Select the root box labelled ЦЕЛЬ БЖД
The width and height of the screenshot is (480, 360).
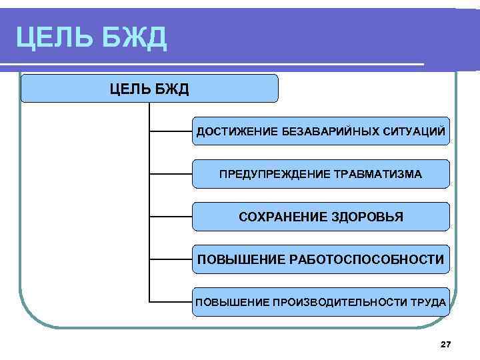point(149,89)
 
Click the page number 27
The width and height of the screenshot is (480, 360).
point(446,344)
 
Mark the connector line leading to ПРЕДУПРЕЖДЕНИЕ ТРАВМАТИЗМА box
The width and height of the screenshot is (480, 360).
point(171,175)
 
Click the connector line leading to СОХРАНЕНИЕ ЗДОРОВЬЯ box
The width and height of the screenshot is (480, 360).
point(171,217)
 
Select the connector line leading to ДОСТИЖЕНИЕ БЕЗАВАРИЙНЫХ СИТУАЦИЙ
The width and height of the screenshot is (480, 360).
point(171,131)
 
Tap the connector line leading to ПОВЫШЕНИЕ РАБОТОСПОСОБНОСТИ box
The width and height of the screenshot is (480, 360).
point(171,259)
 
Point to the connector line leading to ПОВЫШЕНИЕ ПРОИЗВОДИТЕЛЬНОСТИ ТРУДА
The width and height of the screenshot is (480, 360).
point(171,302)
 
